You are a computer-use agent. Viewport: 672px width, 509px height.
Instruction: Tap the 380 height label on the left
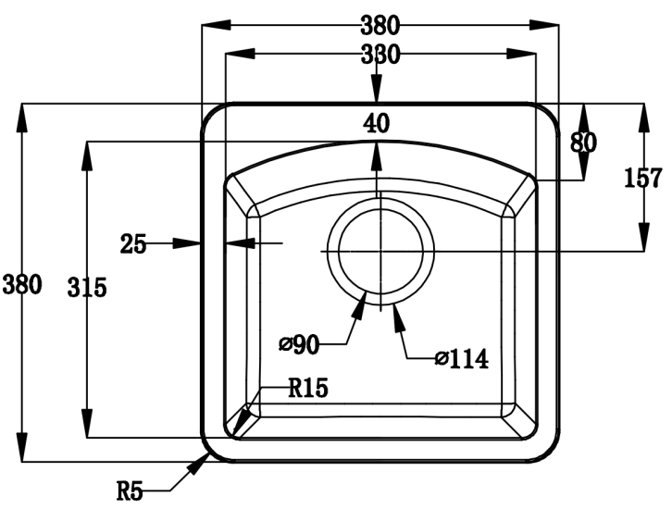tap(21, 285)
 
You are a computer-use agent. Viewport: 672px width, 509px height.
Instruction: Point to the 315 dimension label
tap(86, 288)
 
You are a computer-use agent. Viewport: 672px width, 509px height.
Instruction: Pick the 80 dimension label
tap(583, 141)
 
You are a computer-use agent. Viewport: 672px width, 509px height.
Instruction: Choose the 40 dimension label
tap(376, 124)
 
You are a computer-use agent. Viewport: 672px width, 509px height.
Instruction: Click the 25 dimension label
tap(133, 244)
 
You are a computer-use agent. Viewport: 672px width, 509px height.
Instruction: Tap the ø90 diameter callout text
tap(299, 345)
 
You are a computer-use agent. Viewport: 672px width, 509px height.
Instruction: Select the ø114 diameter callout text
tap(460, 357)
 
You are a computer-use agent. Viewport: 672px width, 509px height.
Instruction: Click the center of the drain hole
tap(380, 251)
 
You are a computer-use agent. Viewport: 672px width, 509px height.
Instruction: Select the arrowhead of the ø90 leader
tap(362, 298)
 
